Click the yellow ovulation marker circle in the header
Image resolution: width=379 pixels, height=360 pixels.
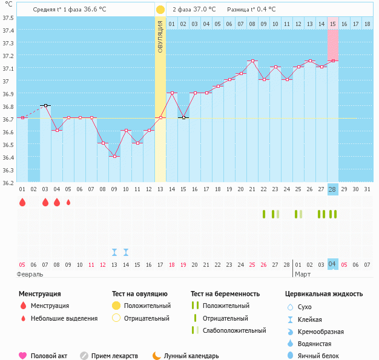tap(160, 10)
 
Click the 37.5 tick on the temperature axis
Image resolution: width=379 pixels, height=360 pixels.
tap(8, 18)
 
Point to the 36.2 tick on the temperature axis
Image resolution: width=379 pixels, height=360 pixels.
tap(8, 182)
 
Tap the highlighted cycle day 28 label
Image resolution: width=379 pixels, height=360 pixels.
tap(332, 189)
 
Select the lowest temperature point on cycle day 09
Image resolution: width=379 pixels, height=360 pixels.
tap(114, 156)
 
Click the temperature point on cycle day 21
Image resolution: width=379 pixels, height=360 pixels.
tap(252, 61)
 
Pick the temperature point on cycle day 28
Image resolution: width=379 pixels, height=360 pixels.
tap(332, 61)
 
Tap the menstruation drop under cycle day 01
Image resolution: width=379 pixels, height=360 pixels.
tap(22, 203)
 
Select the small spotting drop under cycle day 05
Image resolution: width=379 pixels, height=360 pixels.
tap(68, 203)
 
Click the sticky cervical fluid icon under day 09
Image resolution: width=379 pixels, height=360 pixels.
tap(114, 252)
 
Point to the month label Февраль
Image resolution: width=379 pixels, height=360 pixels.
tap(30, 274)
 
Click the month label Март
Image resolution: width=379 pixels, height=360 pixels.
tap(302, 274)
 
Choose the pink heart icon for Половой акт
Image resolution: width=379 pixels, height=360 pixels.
tap(23, 356)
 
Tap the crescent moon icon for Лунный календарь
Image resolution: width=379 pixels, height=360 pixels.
tap(156, 356)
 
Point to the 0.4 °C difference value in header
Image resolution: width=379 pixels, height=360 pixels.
tap(263, 10)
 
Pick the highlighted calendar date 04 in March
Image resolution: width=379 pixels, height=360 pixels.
tap(332, 264)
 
